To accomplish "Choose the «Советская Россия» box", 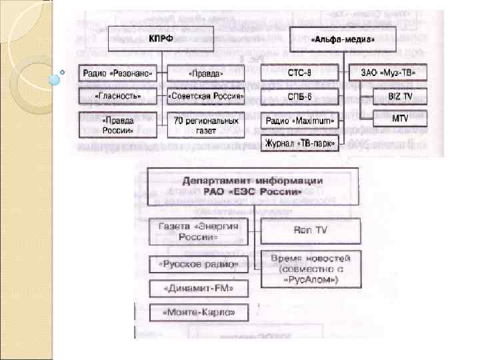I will click(206, 97).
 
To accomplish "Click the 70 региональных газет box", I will click(206, 125).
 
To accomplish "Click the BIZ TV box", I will click(400, 97).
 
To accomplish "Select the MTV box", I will click(400, 119).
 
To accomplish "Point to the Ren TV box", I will click(310, 231).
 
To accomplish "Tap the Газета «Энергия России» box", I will click(197, 232).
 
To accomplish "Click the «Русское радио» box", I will click(199, 265).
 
